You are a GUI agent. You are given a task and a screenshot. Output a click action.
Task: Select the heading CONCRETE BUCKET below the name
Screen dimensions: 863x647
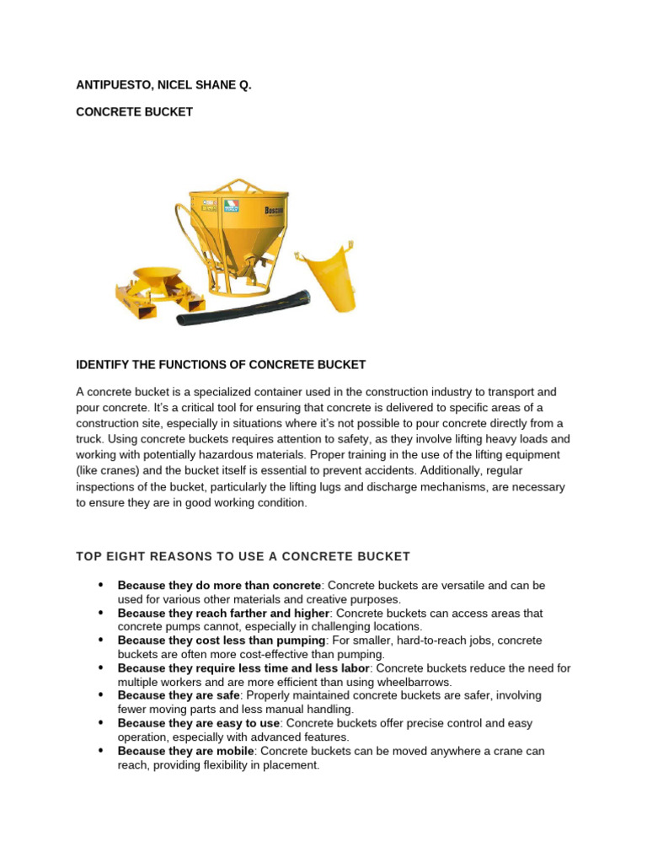click(134, 112)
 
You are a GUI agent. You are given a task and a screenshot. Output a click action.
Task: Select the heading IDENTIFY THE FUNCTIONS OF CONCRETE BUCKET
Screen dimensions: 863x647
click(221, 365)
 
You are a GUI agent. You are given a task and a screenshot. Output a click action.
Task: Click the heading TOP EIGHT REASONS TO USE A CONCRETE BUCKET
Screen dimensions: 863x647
click(243, 556)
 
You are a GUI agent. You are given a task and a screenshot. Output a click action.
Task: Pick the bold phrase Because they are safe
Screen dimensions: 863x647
click(179, 695)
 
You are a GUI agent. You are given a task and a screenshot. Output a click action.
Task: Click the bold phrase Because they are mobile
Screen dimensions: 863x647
click(186, 751)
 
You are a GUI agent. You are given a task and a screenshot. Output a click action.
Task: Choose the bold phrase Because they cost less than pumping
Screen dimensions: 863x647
click(221, 641)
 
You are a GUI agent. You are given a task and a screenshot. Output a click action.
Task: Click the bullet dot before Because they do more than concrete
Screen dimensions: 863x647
click(100, 585)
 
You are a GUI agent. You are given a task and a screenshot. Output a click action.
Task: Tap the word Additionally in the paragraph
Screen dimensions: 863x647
click(461, 470)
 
